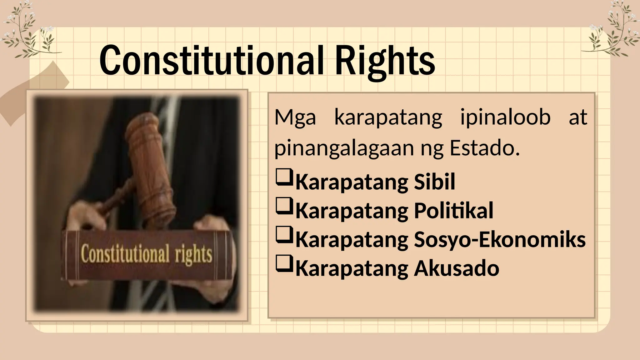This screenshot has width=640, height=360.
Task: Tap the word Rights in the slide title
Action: (x=385, y=61)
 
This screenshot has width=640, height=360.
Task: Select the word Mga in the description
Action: (x=295, y=117)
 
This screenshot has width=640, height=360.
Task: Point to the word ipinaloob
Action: (x=505, y=117)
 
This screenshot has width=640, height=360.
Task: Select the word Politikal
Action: (x=453, y=210)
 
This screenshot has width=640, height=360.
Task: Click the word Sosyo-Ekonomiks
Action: (x=500, y=239)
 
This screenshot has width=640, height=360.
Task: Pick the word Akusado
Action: (x=457, y=268)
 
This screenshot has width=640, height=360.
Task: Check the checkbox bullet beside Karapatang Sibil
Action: (x=284, y=177)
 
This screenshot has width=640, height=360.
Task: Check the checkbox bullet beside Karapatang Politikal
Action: (x=284, y=206)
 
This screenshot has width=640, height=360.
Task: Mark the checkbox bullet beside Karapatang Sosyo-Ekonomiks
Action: (x=284, y=235)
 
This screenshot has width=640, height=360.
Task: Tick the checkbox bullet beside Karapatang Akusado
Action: (x=284, y=264)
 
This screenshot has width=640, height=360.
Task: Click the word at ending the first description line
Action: (x=578, y=117)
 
